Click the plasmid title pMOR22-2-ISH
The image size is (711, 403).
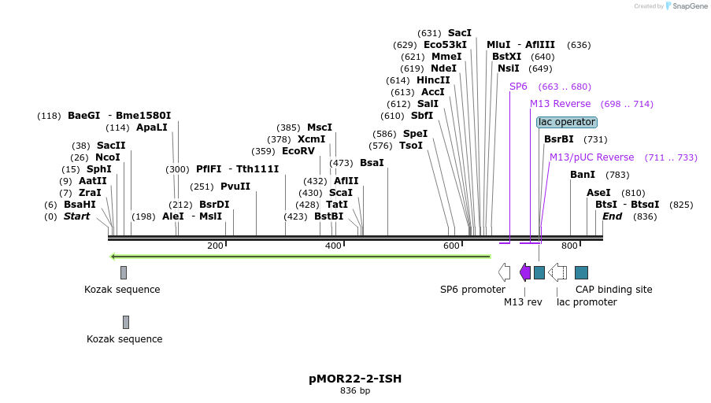(354, 379)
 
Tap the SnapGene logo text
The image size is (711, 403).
(687, 6)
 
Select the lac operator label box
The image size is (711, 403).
(567, 122)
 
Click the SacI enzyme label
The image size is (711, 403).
(459, 33)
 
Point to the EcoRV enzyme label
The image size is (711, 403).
(298, 150)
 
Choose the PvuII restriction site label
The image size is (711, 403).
(235, 187)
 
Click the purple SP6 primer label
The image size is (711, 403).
(518, 87)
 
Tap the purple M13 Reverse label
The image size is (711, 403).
(560, 104)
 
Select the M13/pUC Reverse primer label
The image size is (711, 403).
(591, 157)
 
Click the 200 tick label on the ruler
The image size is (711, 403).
(215, 246)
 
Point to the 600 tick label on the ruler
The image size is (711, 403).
(451, 246)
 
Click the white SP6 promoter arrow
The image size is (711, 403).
(504, 272)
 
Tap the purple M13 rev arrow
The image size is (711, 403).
(525, 272)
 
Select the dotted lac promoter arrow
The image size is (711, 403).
(557, 272)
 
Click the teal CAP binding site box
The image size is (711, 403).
(581, 272)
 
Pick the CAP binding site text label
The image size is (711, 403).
(613, 290)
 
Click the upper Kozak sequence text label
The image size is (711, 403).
(122, 290)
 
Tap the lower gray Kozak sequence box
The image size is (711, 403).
(126, 322)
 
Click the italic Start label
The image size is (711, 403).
(77, 216)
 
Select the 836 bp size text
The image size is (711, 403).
(354, 390)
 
